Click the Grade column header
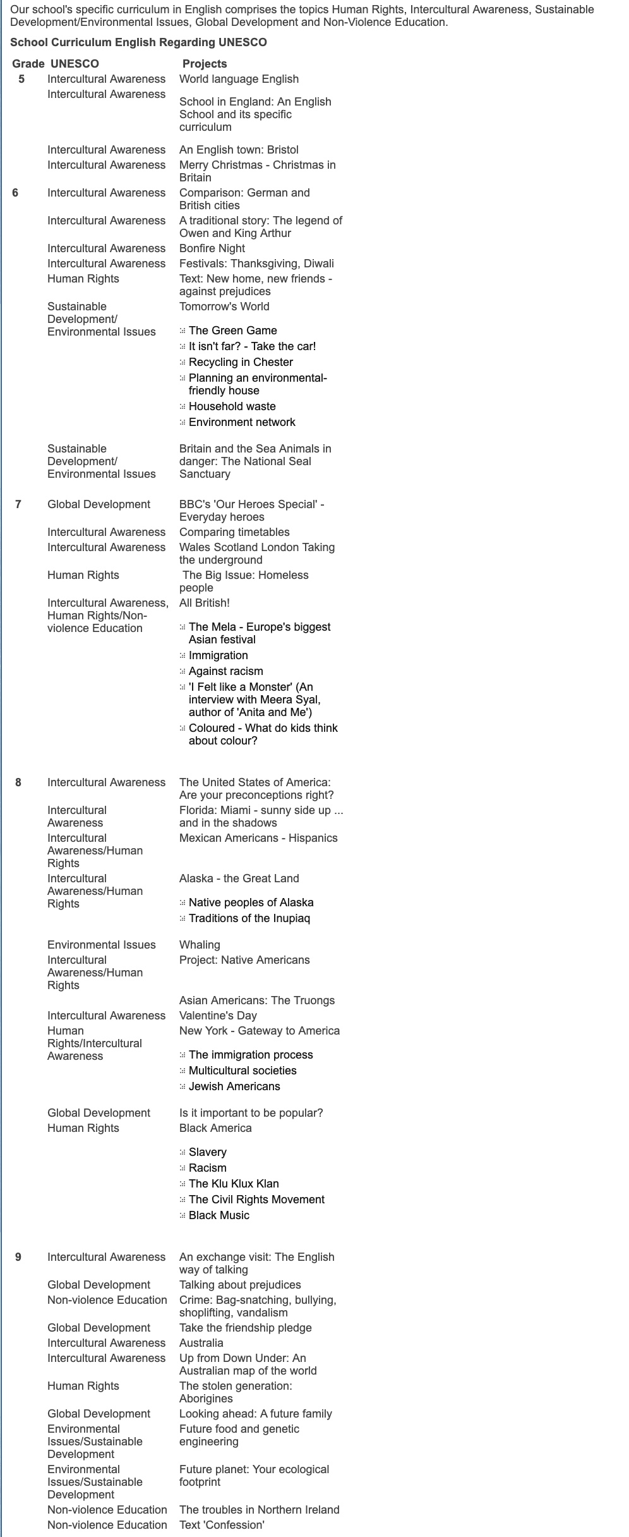(28, 64)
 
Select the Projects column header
(204, 64)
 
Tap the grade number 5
(21, 79)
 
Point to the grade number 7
(18, 504)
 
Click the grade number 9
(18, 1257)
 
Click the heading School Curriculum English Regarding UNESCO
(138, 42)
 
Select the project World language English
(239, 79)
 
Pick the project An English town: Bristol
(239, 150)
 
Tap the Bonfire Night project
(212, 248)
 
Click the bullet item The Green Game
(232, 331)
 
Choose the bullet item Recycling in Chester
(241, 362)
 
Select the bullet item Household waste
(232, 406)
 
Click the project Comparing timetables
(234, 532)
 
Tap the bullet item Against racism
(225, 671)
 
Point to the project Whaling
(200, 945)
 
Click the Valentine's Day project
(218, 1016)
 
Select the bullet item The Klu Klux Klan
(234, 1184)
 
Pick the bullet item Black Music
(219, 1215)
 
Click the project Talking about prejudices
(240, 1285)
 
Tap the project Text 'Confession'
(222, 1525)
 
